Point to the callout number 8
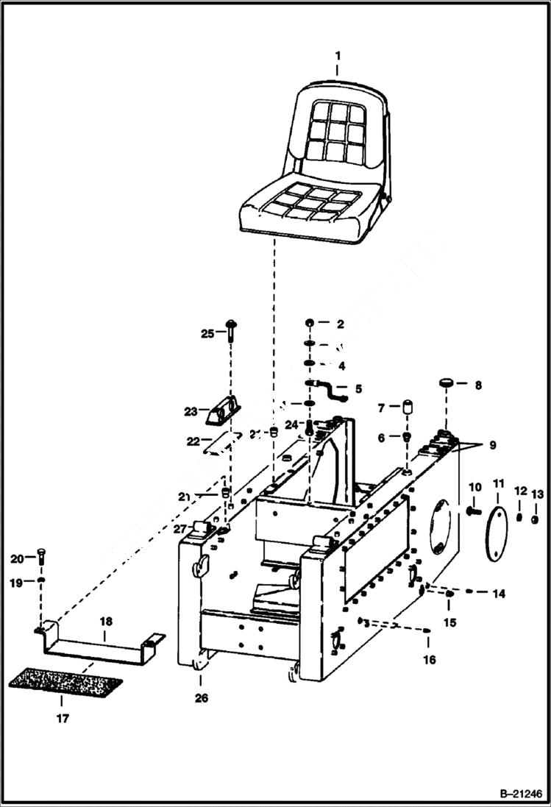(x=477, y=384)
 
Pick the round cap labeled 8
(x=447, y=383)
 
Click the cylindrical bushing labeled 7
(x=405, y=408)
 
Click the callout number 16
(x=429, y=659)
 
